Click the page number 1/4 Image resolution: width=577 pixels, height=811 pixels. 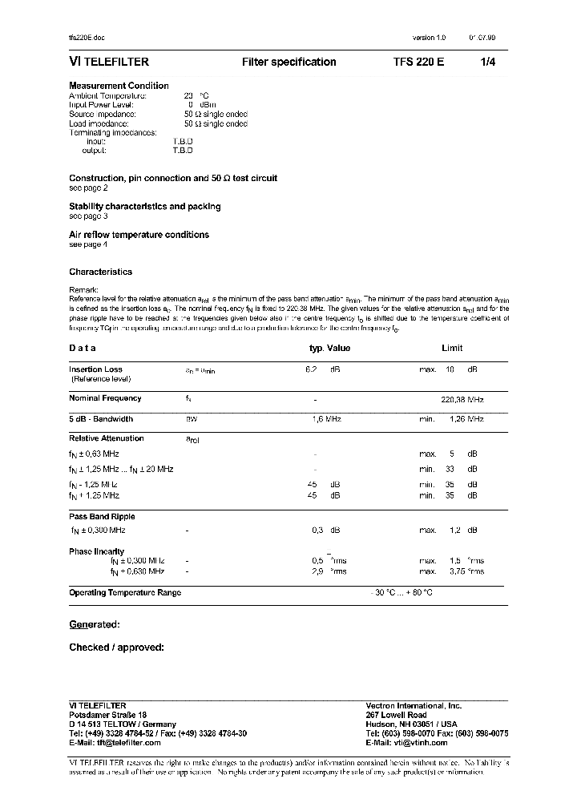[x=488, y=62]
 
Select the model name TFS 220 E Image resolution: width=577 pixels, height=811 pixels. [x=418, y=62]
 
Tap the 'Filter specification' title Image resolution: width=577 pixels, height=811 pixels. [x=288, y=62]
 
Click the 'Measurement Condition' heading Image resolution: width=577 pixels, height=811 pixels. [x=119, y=86]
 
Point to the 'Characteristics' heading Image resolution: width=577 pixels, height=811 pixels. [x=100, y=272]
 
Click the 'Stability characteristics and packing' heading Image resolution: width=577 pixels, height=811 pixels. [x=144, y=207]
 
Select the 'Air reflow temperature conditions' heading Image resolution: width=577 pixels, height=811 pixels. [x=139, y=235]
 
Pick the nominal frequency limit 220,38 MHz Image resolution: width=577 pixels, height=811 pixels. [x=462, y=398]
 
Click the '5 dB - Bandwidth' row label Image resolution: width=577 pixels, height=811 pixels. [x=101, y=419]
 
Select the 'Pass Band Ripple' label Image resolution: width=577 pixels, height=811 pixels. [x=102, y=517]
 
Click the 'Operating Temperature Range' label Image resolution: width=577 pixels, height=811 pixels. [x=125, y=592]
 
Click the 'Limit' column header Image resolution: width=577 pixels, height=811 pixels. [x=452, y=349]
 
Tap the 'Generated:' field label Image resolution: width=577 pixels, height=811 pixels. [x=94, y=624]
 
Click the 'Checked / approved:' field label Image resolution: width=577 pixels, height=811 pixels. [x=116, y=647]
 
